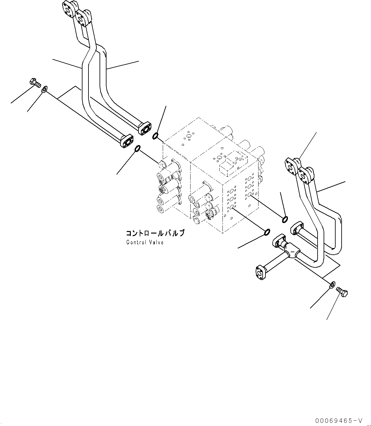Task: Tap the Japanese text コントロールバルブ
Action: [155, 233]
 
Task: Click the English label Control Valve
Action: [145, 242]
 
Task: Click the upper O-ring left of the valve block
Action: [155, 136]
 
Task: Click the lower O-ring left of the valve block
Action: [138, 148]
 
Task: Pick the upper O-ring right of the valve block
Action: [285, 219]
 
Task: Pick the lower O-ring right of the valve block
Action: [267, 233]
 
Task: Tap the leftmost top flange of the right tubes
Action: [292, 164]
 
